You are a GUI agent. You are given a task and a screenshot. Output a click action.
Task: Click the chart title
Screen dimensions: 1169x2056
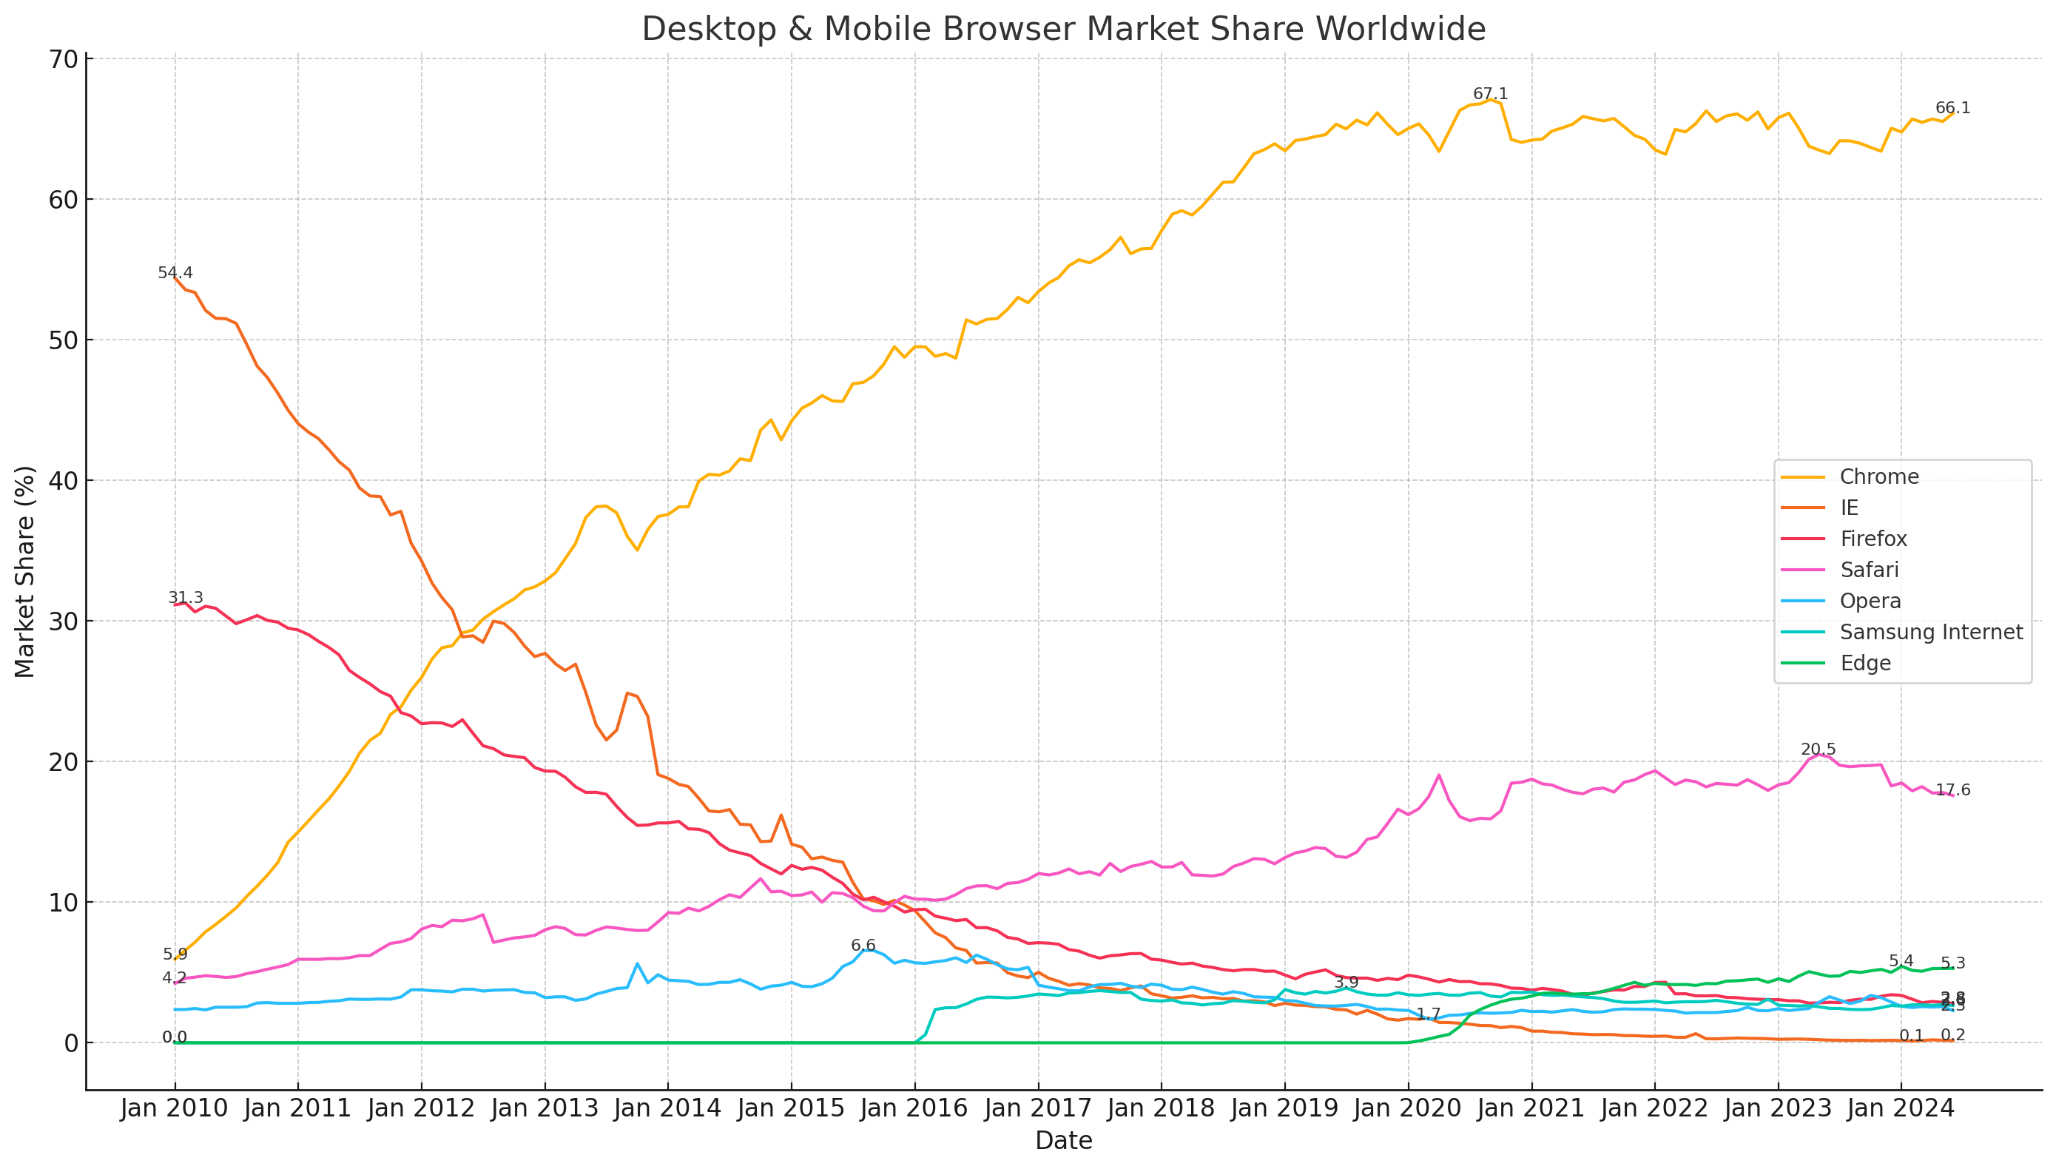1063,30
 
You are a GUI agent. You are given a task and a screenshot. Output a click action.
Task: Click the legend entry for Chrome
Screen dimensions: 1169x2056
1878,477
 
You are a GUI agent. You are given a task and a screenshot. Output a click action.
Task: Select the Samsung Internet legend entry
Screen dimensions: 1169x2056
1930,633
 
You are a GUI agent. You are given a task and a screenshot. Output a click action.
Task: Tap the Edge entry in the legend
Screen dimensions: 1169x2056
1865,664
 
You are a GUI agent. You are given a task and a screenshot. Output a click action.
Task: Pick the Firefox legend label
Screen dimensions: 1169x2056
1873,539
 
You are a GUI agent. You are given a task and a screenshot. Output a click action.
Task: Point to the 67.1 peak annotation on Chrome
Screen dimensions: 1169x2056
1490,95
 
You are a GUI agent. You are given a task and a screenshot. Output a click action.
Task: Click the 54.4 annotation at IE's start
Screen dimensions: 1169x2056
175,274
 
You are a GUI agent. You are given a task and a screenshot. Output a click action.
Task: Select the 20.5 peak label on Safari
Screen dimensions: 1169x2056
1818,750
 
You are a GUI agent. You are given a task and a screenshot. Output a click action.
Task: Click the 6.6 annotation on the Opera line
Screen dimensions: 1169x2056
863,946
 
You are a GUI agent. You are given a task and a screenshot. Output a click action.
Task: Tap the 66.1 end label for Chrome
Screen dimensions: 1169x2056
1952,108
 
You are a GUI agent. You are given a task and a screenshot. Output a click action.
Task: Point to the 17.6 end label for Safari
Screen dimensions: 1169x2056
1952,791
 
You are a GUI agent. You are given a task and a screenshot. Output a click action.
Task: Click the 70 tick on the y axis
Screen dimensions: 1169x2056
64,60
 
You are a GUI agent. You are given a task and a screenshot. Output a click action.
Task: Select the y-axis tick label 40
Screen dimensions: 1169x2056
64,482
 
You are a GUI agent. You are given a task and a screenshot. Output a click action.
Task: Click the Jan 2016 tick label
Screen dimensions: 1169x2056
914,1110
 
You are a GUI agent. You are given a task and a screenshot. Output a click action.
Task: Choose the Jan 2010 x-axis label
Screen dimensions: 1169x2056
174,1110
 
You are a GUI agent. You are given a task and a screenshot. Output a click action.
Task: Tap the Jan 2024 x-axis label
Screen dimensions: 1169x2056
1900,1110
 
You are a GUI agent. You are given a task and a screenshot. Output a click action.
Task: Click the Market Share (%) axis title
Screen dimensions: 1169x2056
25,572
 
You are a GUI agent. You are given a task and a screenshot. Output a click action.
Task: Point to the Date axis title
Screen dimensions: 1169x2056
1063,1141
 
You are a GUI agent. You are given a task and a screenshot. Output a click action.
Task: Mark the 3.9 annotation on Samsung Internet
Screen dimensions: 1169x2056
1346,983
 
